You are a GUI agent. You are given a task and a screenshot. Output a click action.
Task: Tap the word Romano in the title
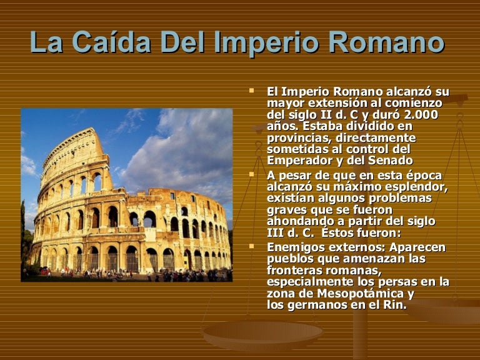pyautogui.click(x=386, y=42)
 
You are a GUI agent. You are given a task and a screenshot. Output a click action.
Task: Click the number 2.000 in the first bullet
pyautogui.click(x=421, y=115)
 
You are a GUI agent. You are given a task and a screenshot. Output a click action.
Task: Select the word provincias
pyautogui.click(x=299, y=138)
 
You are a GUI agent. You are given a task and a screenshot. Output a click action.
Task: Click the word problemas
pyautogui.click(x=400, y=198)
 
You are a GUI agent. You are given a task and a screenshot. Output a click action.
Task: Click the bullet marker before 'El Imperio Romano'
pyautogui.click(x=252, y=91)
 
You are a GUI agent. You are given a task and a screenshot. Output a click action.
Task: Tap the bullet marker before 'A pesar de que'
pyautogui.click(x=252, y=174)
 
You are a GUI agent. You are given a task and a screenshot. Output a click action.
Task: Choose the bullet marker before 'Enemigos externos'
pyautogui.click(x=252, y=246)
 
